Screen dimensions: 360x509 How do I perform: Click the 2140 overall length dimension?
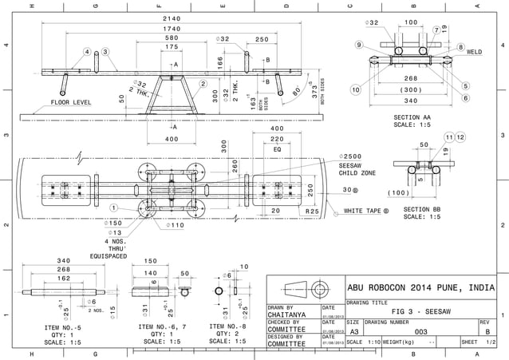172,18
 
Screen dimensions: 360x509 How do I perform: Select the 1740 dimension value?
172,28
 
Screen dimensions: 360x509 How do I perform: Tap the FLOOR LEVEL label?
73,102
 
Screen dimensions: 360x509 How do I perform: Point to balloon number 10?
356,90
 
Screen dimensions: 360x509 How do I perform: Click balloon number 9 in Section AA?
360,45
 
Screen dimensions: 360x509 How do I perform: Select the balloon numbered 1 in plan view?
114,208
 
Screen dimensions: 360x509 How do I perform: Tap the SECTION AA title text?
412,117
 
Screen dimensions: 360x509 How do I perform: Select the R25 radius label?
312,211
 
